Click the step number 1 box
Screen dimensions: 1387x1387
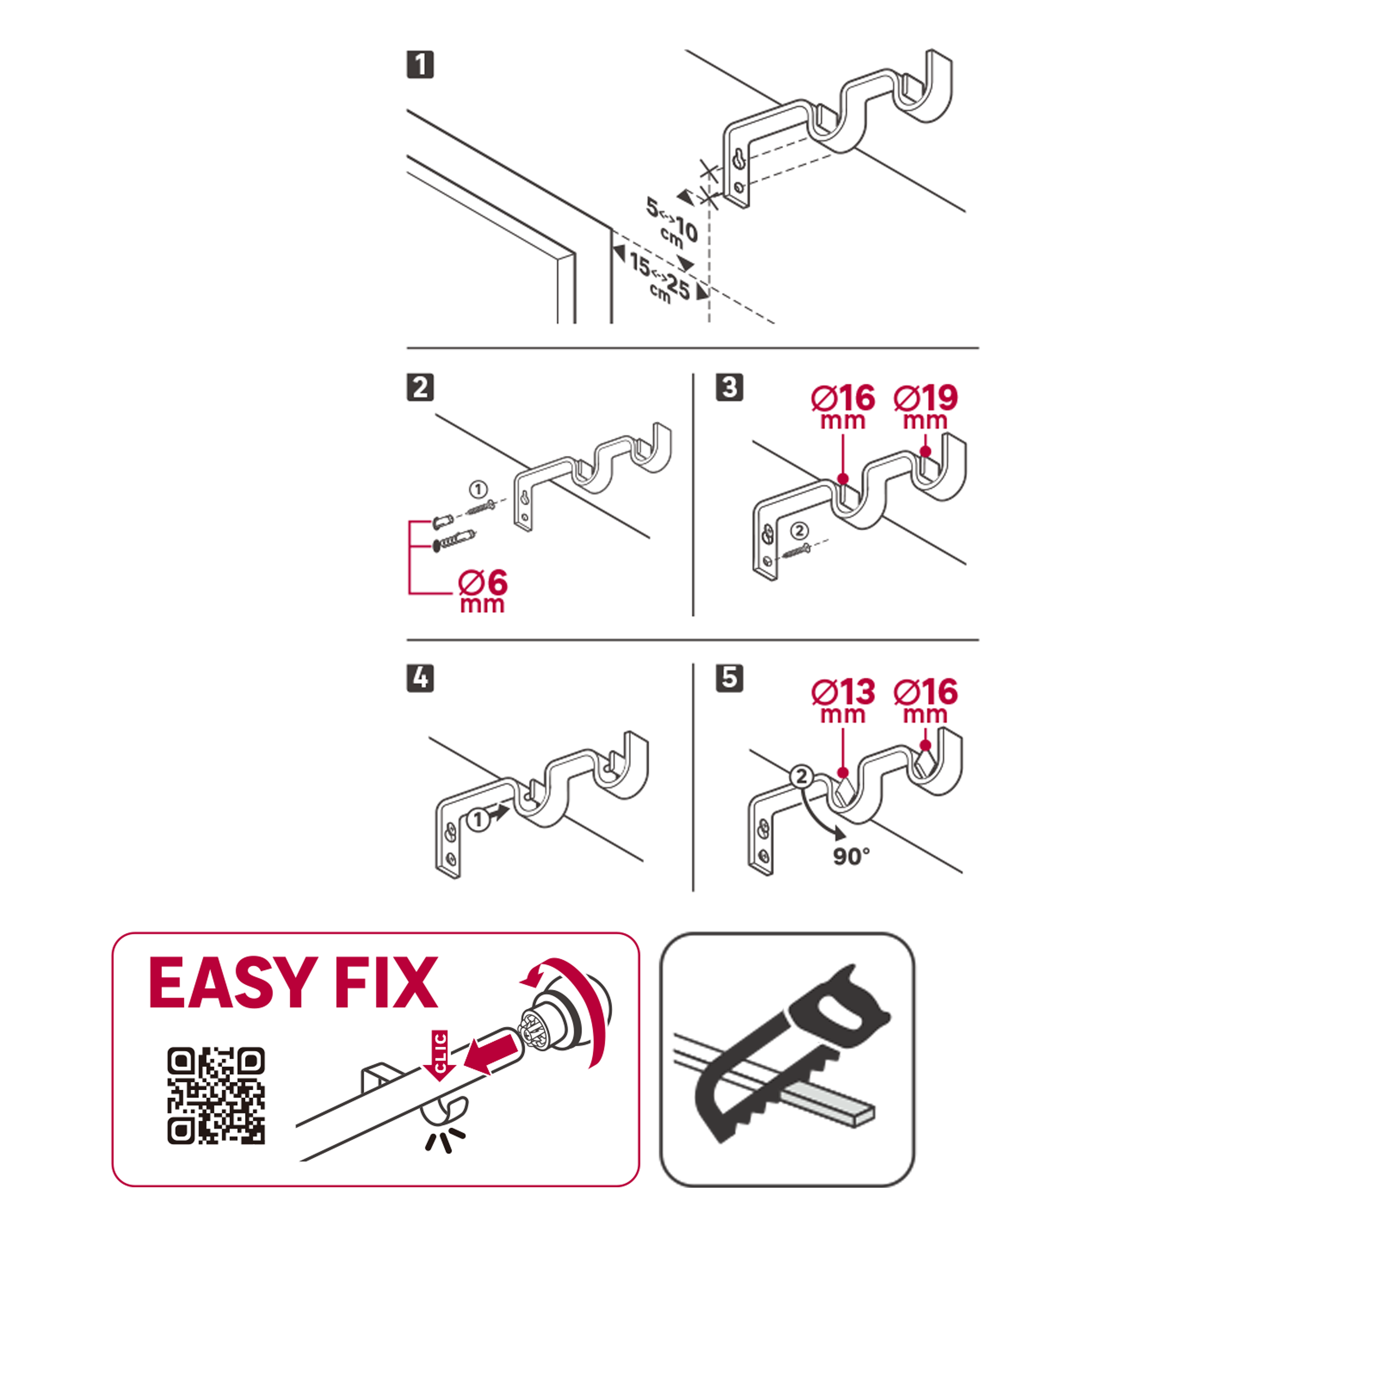420,64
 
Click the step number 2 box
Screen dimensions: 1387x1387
420,387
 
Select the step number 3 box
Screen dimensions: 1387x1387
730,387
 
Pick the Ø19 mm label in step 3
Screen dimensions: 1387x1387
926,407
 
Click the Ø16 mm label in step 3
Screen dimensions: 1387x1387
843,407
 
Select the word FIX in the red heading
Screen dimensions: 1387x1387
386,983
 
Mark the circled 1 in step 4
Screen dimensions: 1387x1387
478,819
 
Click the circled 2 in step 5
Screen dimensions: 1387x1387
801,777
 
